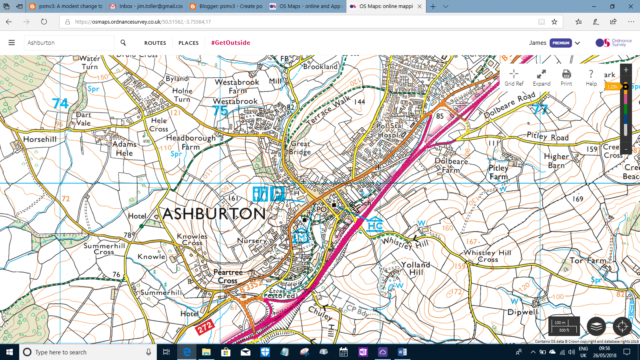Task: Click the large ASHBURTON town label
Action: pos(214,214)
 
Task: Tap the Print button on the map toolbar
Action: pos(566,78)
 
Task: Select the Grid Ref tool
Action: pos(514,78)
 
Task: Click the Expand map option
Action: pos(541,78)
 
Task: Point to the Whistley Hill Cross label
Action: pos(487,256)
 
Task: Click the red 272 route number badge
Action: pos(205,328)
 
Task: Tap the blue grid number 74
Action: pos(60,104)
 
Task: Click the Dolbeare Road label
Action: pos(510,105)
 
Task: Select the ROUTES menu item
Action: pos(155,43)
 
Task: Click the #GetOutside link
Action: pos(230,43)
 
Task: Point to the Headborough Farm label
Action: pos(191,142)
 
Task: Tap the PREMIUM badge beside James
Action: pos(561,43)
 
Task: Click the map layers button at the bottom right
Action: pos(596,326)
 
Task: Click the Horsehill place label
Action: pos(40,139)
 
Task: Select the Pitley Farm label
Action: pos(498,172)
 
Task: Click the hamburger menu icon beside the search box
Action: pos(12,42)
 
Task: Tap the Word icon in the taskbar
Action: pos(402,352)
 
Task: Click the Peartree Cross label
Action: pos(228,276)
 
